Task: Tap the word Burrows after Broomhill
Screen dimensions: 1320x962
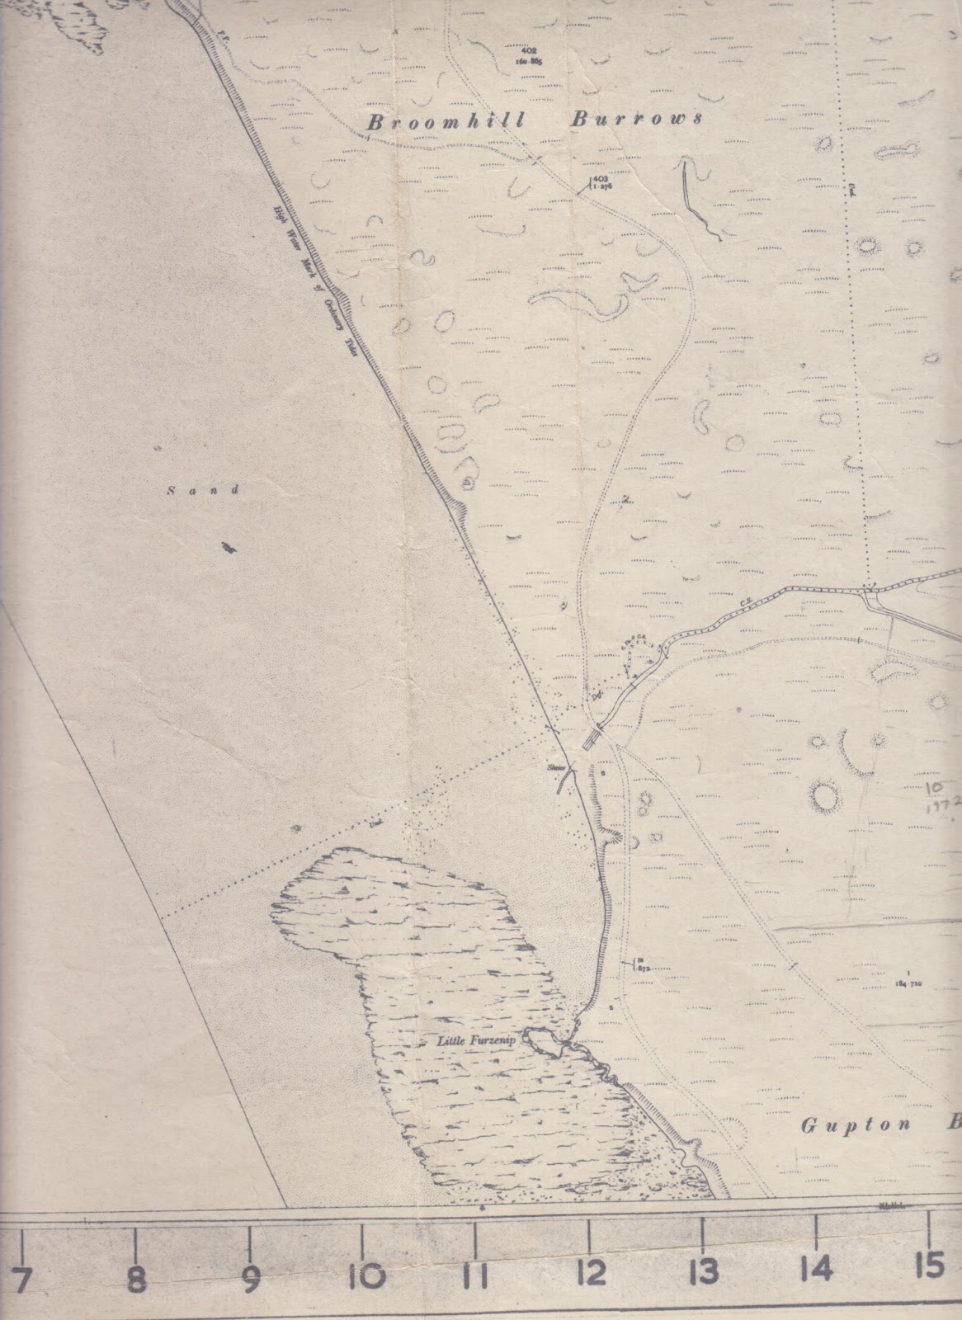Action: tap(637, 120)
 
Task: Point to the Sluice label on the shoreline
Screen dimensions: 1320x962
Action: tap(555, 769)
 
